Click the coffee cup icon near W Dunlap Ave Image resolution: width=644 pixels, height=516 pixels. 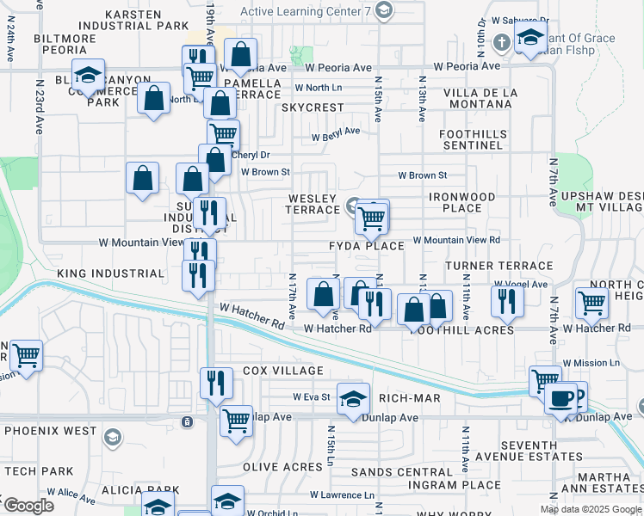pyautogui.click(x=561, y=399)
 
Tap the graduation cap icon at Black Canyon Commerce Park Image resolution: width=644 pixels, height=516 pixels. pyautogui.click(x=88, y=74)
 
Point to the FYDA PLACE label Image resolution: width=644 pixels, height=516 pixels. pyautogui.click(x=366, y=246)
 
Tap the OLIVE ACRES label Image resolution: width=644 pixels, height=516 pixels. pyautogui.click(x=282, y=466)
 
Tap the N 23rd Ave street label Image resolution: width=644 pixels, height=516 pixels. pyautogui.click(x=39, y=107)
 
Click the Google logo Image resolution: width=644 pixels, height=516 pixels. pyautogui.click(x=28, y=506)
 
